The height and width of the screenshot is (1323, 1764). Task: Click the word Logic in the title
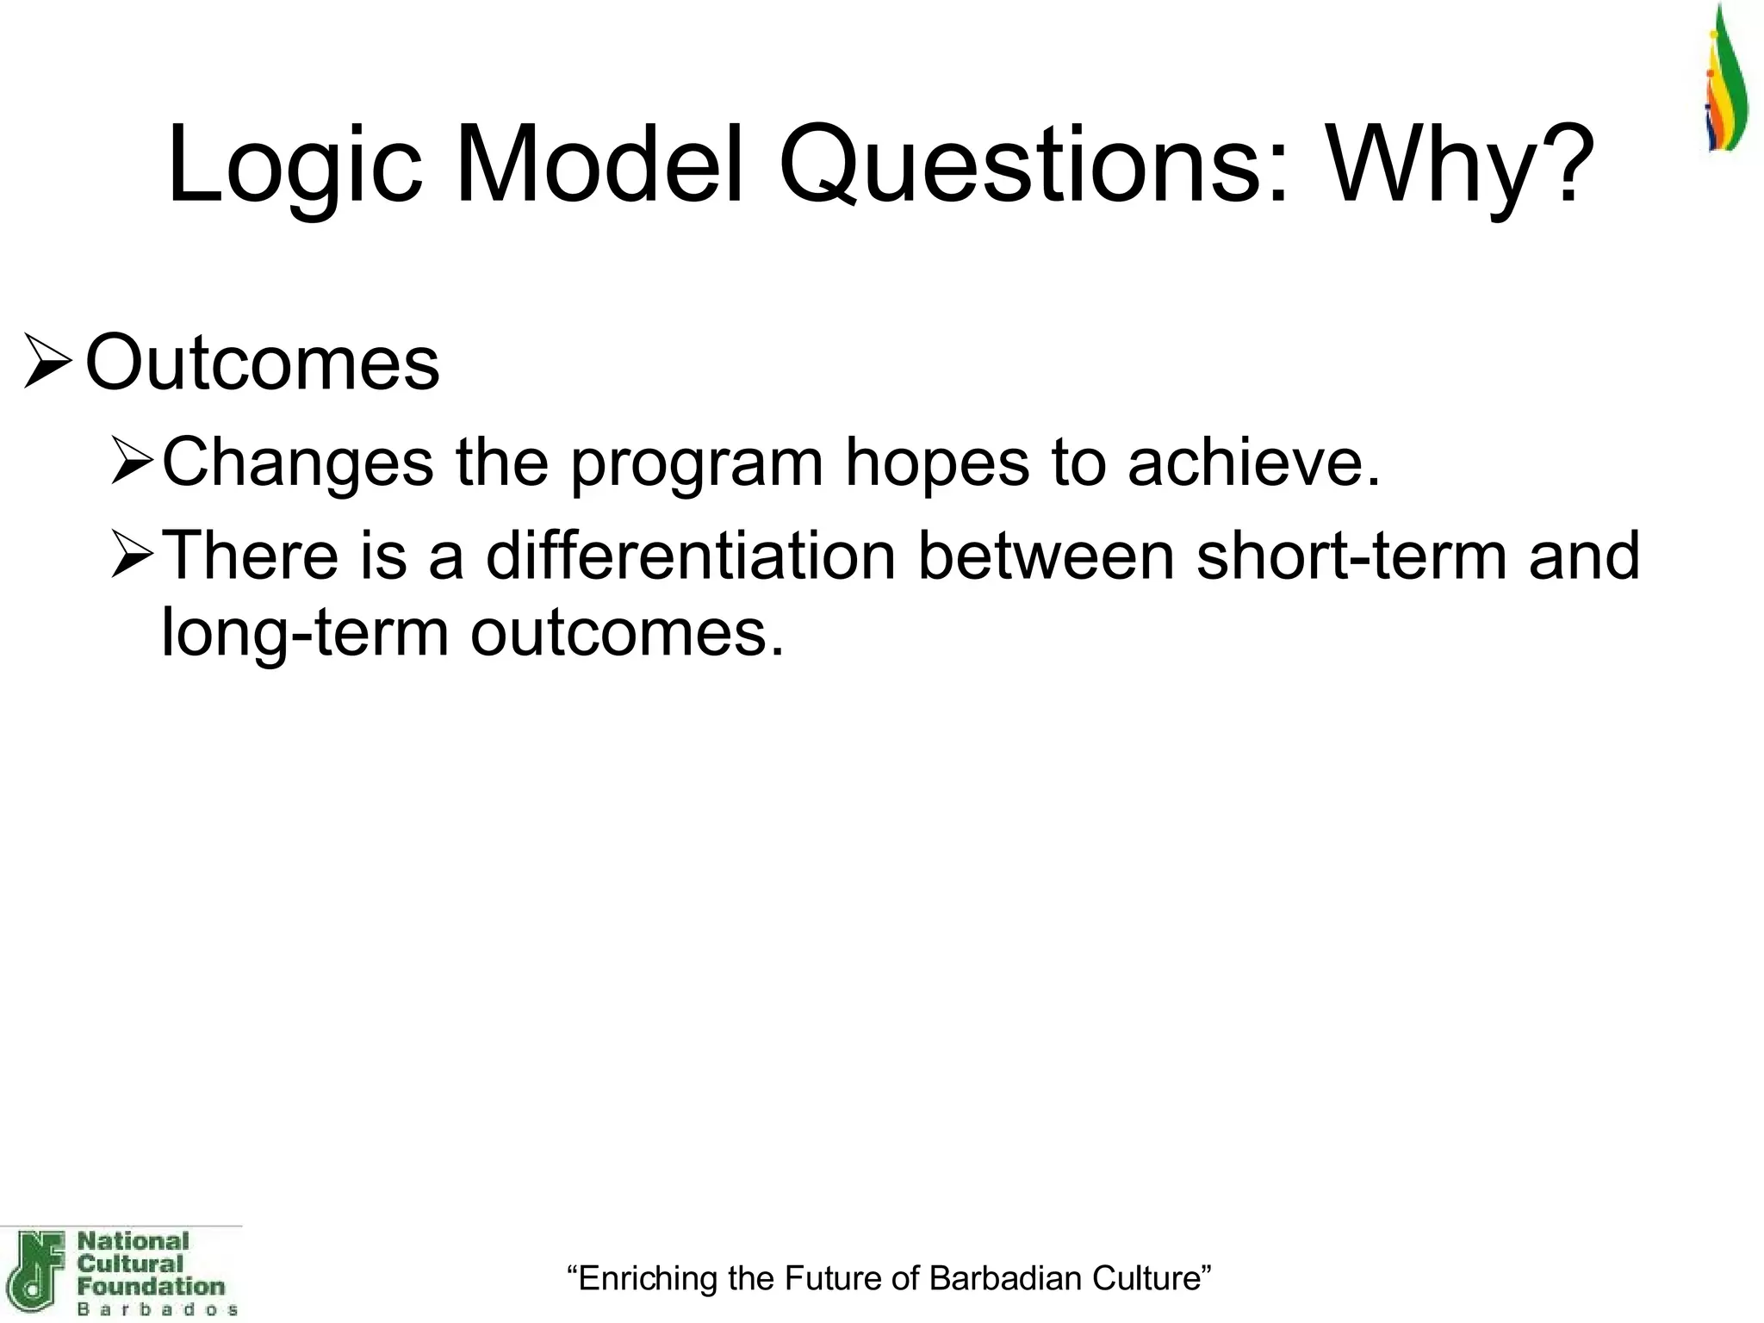(x=295, y=165)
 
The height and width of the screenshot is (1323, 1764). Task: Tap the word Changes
(x=298, y=463)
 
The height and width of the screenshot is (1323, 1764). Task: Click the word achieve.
(x=1253, y=463)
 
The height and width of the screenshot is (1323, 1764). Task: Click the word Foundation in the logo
(x=151, y=1287)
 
